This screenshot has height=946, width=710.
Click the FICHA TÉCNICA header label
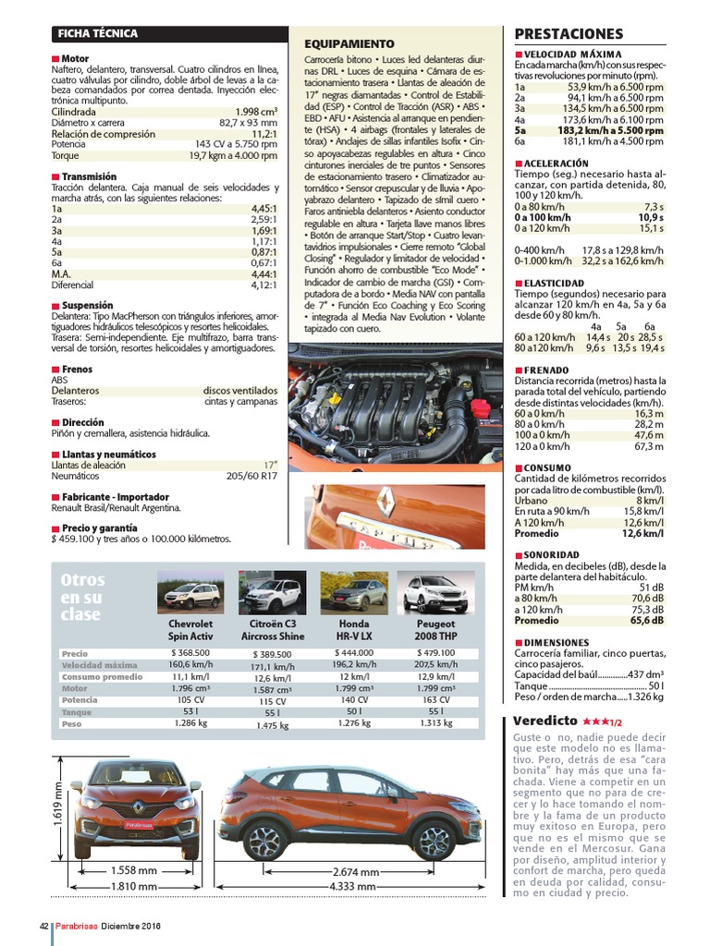coord(97,34)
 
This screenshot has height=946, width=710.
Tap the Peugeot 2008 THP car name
coord(435,630)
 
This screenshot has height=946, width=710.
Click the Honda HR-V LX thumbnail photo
coord(353,592)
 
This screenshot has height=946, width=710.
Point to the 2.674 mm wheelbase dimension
coord(356,872)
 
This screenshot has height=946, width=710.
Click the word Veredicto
coord(545,721)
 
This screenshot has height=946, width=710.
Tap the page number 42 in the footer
coord(43,927)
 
